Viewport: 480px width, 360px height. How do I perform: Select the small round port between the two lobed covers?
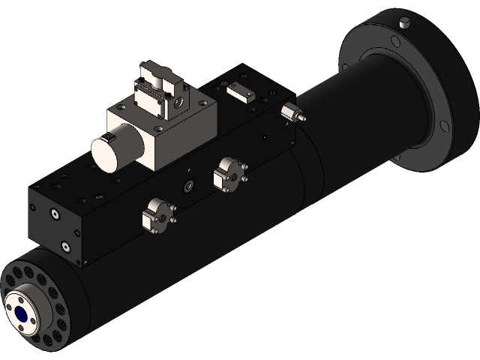[188, 185]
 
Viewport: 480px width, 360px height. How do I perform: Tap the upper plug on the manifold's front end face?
[54, 215]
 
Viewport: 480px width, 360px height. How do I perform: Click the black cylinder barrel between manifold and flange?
[345, 142]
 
